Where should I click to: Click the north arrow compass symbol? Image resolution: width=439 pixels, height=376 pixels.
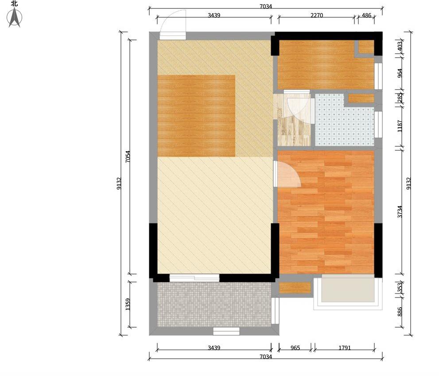click(x=15, y=18)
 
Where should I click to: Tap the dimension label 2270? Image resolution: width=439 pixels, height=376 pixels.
click(x=317, y=15)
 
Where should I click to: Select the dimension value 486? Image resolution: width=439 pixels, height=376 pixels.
click(x=366, y=15)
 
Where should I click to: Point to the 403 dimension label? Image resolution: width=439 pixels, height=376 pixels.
click(x=400, y=47)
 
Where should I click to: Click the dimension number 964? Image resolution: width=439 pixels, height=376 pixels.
click(x=400, y=74)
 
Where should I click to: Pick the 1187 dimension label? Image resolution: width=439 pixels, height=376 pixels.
click(x=400, y=126)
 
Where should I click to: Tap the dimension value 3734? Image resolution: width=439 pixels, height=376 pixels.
click(x=400, y=212)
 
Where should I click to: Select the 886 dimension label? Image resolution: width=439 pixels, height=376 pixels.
click(x=400, y=312)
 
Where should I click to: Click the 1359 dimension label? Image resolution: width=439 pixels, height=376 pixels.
click(x=128, y=304)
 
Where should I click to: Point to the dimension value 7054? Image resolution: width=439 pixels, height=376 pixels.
click(x=128, y=157)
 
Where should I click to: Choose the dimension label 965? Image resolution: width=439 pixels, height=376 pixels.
click(x=295, y=348)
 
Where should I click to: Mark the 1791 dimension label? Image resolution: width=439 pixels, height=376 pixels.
click(x=345, y=348)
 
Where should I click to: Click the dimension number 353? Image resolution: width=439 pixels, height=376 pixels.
click(x=400, y=287)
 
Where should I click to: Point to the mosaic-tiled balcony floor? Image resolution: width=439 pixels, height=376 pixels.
click(x=214, y=304)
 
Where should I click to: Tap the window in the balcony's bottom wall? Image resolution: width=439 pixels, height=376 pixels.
click(x=226, y=331)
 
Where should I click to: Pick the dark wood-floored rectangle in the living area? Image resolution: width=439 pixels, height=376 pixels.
click(x=196, y=116)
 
